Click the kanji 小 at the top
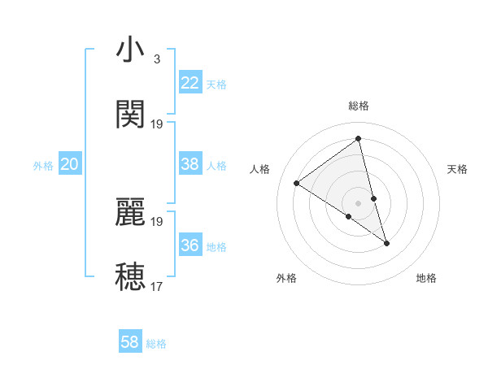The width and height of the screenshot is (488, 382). (131, 50)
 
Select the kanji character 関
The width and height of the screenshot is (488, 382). (131, 115)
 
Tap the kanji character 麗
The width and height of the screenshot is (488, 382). (131, 212)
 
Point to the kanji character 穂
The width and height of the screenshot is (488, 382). (131, 276)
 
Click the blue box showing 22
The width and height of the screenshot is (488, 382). (190, 83)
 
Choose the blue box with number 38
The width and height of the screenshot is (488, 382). (190, 164)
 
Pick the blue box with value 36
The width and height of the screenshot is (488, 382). (190, 245)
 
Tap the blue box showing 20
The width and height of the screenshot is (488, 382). (69, 164)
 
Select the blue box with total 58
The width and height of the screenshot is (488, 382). (130, 342)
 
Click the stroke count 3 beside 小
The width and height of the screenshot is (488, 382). (156, 59)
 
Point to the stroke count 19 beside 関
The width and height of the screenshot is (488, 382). (157, 124)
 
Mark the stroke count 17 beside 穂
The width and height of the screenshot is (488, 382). (157, 286)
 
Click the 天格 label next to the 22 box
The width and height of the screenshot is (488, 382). (216, 85)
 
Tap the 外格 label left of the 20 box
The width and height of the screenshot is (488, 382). (43, 166)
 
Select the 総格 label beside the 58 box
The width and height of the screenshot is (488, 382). (156, 344)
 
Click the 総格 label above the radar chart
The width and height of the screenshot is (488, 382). (358, 106)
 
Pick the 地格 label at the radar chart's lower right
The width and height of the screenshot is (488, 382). (426, 278)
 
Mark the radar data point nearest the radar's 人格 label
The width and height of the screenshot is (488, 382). (296, 183)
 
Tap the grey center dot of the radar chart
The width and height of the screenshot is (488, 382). (358, 202)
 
